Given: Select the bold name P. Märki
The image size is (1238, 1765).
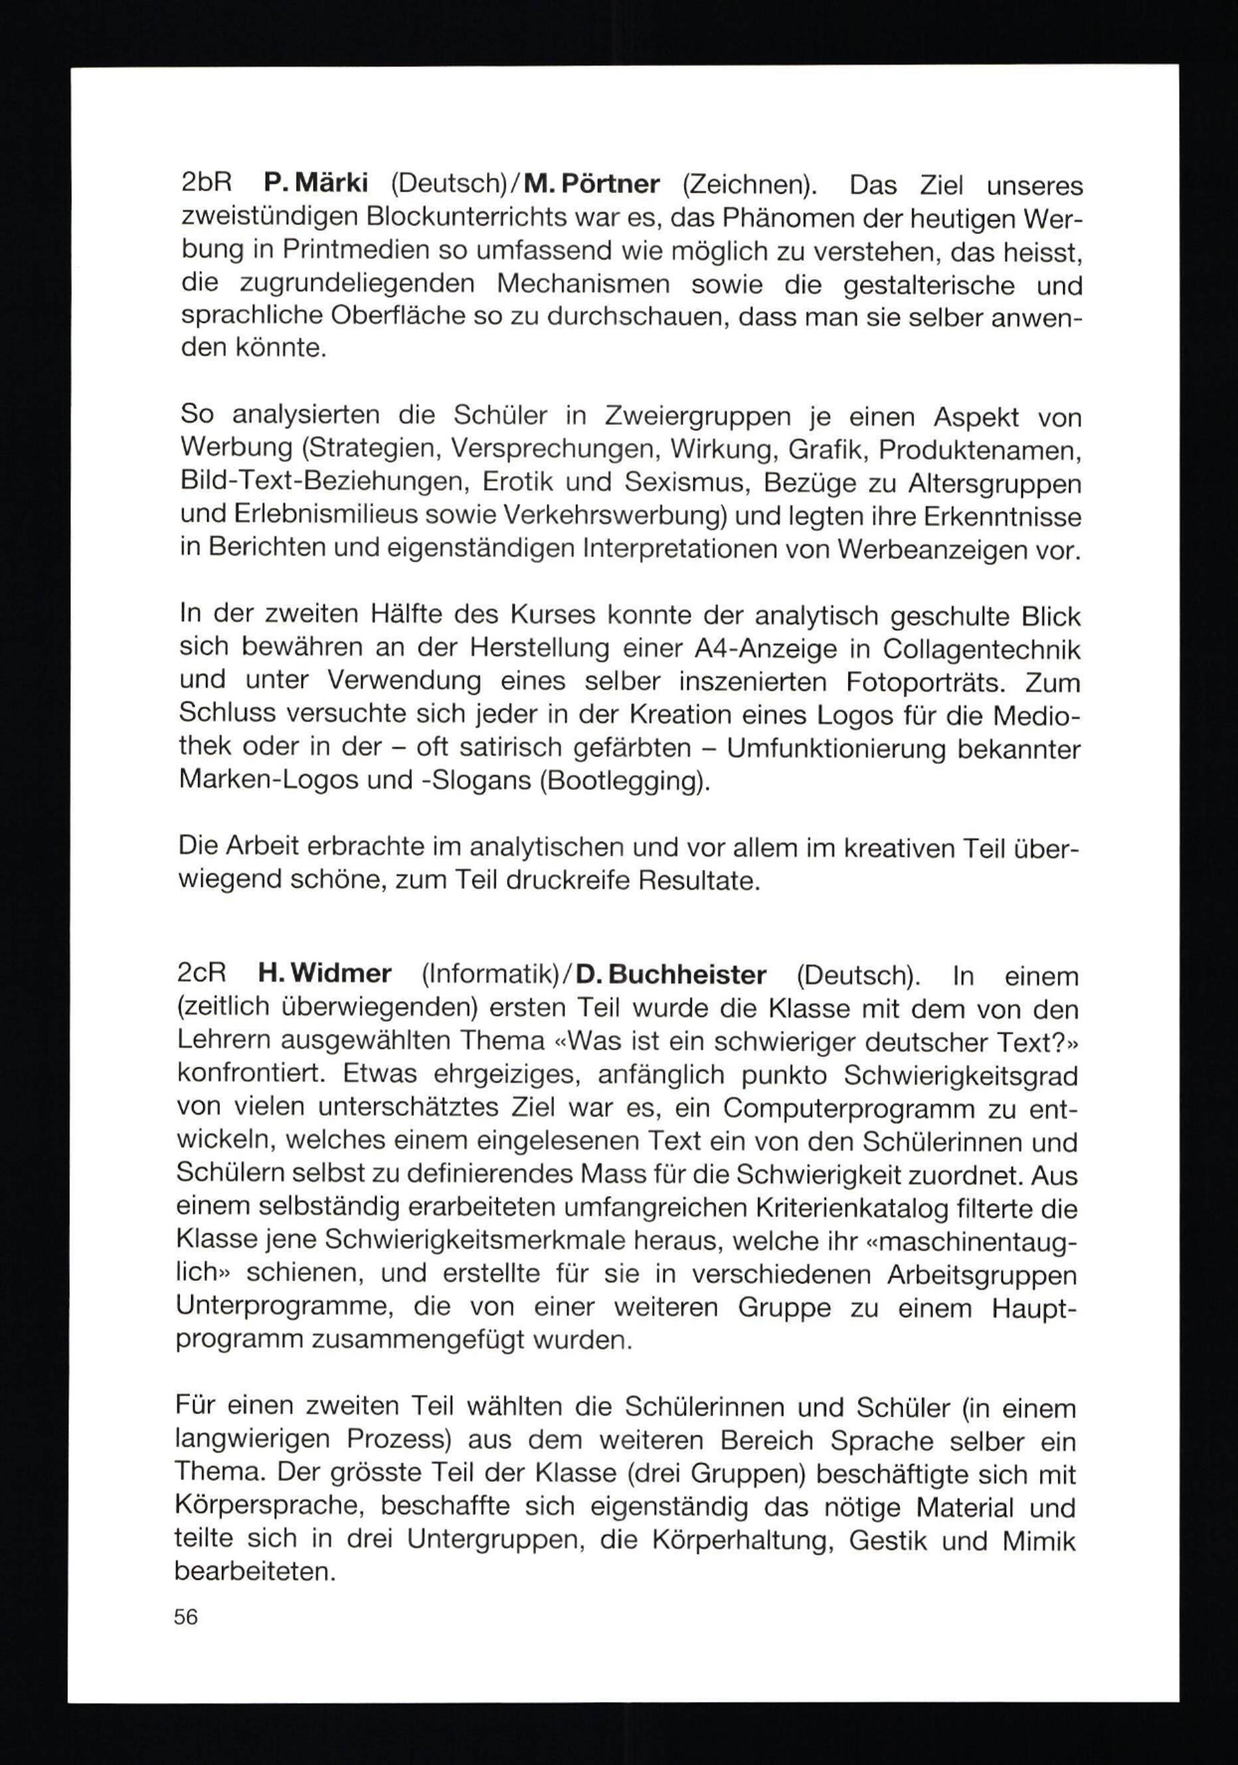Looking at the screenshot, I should coord(316,184).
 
